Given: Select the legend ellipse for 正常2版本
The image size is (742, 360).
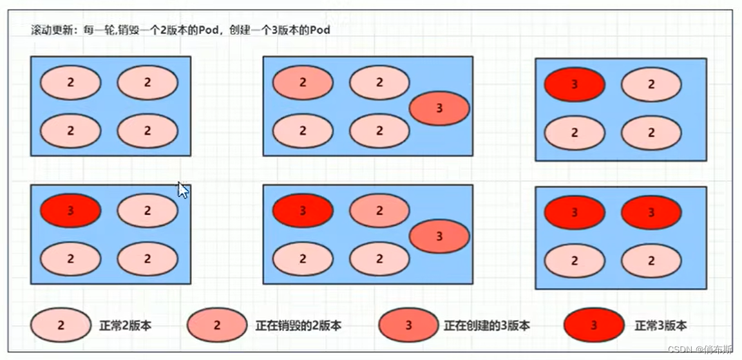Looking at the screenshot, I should (x=61, y=325).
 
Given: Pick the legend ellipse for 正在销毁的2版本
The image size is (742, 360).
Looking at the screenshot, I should (x=217, y=325).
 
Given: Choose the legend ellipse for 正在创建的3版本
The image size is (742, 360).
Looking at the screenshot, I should (x=409, y=325).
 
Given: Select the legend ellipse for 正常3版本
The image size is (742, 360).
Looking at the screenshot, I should (x=593, y=325).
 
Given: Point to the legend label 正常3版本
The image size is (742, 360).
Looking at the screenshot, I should (x=661, y=326).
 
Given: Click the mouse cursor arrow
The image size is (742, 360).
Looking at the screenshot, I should (x=183, y=190).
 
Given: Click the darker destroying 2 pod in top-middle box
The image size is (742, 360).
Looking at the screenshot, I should (x=303, y=82).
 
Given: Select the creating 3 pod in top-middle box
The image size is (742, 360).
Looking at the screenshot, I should (x=439, y=108).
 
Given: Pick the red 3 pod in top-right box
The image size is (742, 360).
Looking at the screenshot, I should (x=575, y=84).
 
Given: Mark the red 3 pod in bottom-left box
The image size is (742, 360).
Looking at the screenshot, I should (x=70, y=211).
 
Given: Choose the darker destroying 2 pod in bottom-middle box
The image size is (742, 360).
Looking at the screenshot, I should (x=379, y=211).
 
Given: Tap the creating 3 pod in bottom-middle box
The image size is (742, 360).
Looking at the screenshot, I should (x=439, y=236).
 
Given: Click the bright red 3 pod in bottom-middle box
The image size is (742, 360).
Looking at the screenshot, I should (x=303, y=211).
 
